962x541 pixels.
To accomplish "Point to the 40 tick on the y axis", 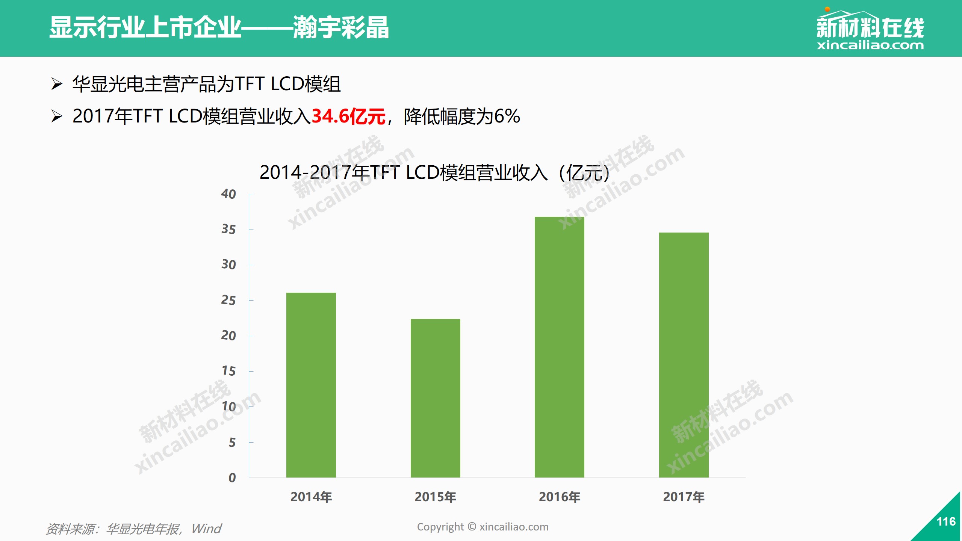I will (x=228, y=194).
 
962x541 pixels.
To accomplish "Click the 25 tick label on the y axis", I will (x=228, y=301).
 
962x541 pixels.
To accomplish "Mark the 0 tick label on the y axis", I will (x=232, y=478).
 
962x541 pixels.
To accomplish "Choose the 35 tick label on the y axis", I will (x=228, y=230).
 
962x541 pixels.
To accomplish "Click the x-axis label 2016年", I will (x=559, y=497).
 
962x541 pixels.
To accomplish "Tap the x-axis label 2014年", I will (x=311, y=497).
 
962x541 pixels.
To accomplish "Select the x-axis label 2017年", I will (x=684, y=497).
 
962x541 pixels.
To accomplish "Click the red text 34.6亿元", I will (x=348, y=116).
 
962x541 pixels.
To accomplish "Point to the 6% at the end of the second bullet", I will (x=507, y=116).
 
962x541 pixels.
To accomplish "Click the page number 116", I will (x=946, y=521).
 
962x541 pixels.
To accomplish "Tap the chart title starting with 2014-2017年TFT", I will (x=434, y=173).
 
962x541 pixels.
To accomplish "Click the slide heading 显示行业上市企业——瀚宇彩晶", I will (x=219, y=28).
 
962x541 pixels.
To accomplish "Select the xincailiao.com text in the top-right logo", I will (x=870, y=45).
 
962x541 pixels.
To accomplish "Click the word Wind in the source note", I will (x=206, y=529).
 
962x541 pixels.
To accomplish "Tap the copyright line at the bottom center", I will (x=483, y=527).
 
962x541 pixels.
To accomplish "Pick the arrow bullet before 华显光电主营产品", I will (x=57, y=84).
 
